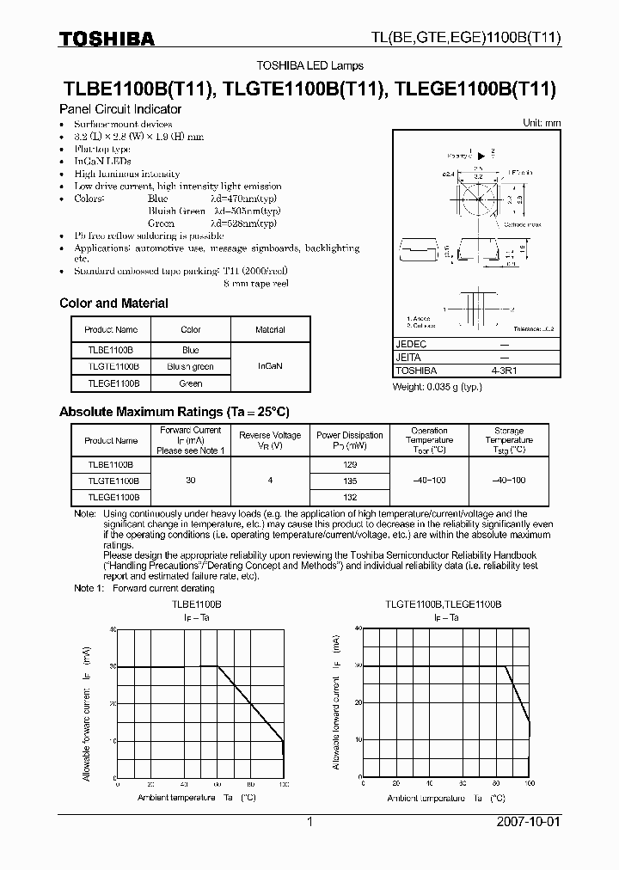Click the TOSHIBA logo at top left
(107, 39)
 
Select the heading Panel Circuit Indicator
(120, 110)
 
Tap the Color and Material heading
(113, 303)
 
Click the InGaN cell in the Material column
(270, 365)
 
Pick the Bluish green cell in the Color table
(191, 366)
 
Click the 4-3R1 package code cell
(504, 371)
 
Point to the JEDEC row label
(411, 343)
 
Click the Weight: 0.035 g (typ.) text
(438, 387)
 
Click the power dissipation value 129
(349, 463)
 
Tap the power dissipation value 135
(349, 481)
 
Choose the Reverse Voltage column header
(270, 440)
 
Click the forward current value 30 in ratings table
(190, 481)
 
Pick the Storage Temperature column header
(509, 440)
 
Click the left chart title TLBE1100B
(197, 605)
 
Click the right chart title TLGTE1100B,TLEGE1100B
(442, 605)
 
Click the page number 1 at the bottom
(309, 822)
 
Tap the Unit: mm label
(542, 123)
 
